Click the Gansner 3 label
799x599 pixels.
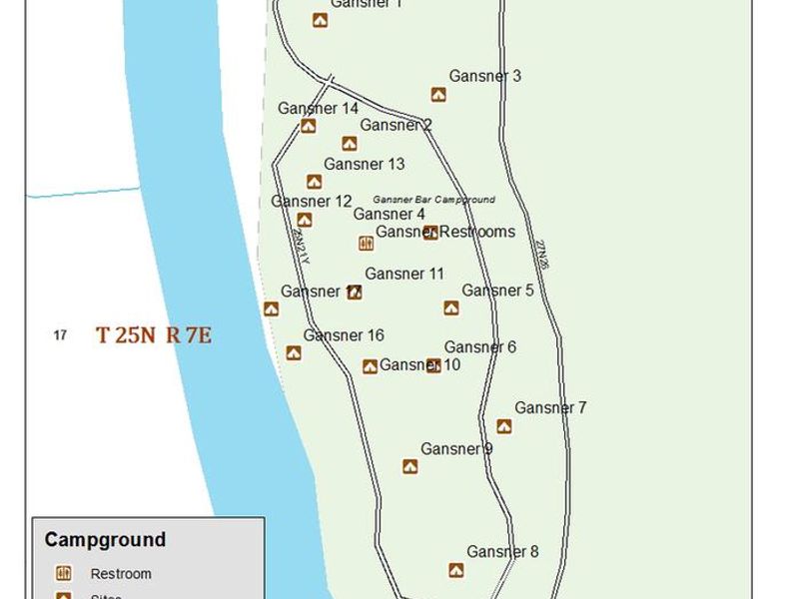point(484,76)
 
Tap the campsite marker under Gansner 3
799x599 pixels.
point(438,95)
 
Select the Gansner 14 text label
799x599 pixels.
point(318,109)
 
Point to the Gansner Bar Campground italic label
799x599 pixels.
point(433,200)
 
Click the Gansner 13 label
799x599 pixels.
point(364,164)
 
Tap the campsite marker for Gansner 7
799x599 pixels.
point(504,426)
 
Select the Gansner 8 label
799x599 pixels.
point(502,551)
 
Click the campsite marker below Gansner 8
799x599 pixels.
point(455,570)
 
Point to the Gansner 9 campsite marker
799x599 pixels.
point(409,466)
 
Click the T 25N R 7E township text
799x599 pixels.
point(153,335)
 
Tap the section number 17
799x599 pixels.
point(60,335)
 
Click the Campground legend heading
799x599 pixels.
point(105,540)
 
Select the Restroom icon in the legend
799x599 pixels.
point(64,573)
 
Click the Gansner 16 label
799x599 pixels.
point(344,335)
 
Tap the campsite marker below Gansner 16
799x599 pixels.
point(294,352)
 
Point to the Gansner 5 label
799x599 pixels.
point(497,291)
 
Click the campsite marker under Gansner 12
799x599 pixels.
point(305,220)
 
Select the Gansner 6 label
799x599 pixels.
point(479,347)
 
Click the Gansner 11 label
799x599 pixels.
point(404,274)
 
